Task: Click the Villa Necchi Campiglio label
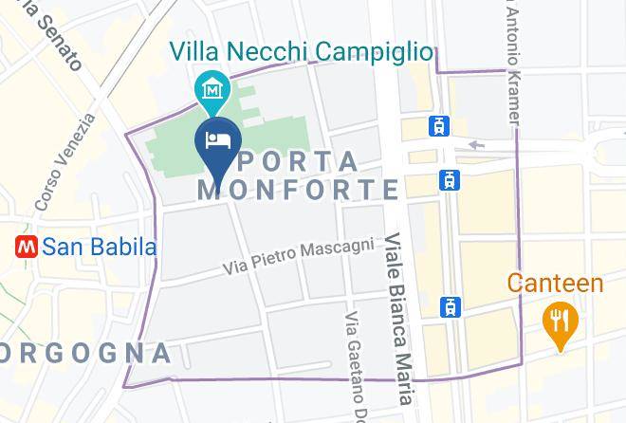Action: click(302, 51)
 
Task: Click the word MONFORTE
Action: click(298, 190)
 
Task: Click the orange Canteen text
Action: click(555, 283)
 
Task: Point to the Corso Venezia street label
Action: click(66, 162)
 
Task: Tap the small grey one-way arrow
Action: click(476, 145)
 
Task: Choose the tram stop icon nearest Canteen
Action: click(450, 306)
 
